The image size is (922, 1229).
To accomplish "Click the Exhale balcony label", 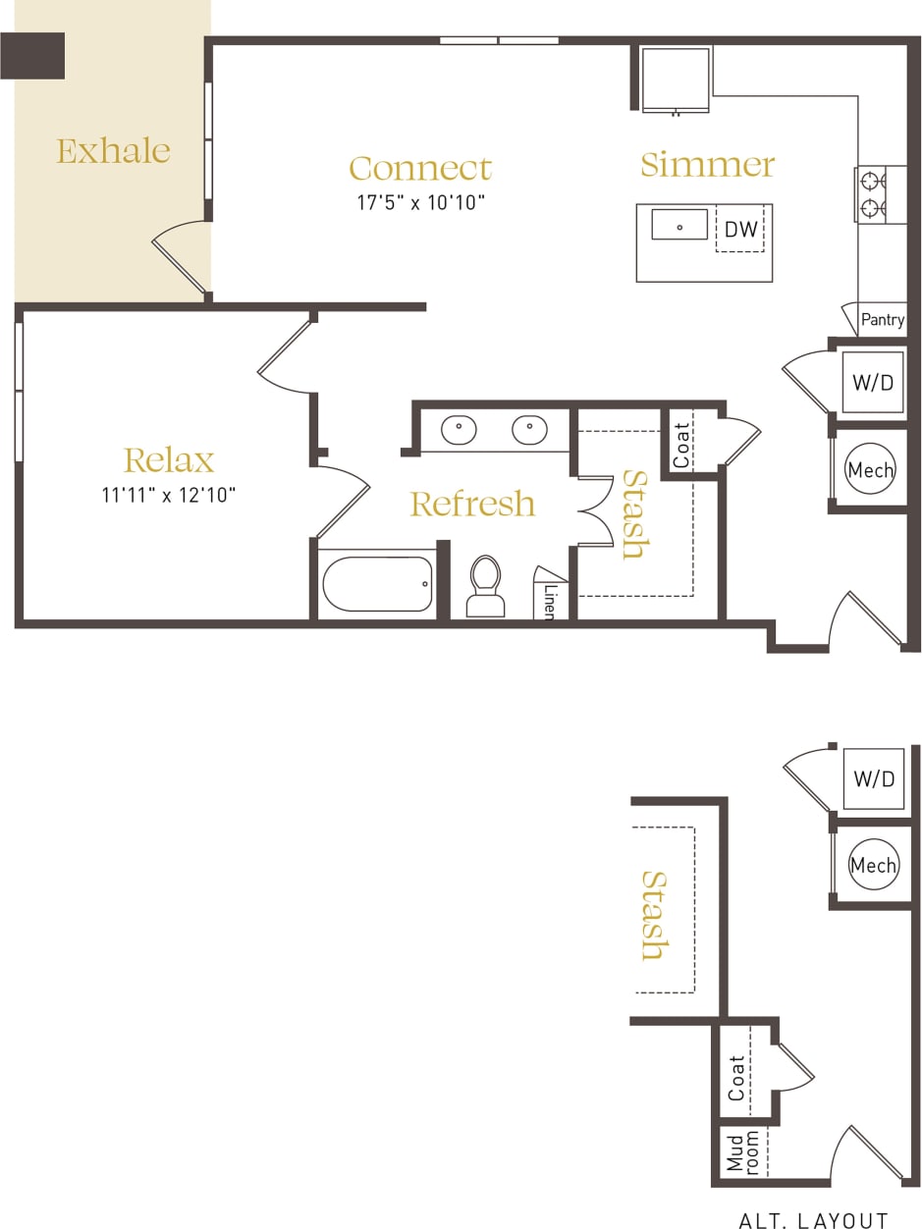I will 113,150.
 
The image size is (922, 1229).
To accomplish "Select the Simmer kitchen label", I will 707,164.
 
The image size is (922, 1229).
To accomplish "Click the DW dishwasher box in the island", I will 740,230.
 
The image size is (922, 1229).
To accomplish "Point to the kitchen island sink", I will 679,225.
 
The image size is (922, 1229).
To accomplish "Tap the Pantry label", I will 882,320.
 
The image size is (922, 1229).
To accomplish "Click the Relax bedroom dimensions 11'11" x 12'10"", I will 168,495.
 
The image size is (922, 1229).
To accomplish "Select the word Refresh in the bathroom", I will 472,504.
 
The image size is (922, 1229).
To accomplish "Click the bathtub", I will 377,584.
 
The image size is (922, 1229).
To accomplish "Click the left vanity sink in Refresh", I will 459,430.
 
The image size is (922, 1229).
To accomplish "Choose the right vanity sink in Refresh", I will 529,430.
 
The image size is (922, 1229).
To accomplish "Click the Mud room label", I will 742,1151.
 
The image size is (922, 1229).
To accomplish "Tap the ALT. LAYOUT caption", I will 813,1220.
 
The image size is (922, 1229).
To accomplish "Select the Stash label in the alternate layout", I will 653,915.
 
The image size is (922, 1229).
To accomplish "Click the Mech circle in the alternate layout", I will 872,866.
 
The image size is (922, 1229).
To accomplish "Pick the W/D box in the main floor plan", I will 873,383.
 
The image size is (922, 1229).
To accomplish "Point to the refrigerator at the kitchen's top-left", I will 676,79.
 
